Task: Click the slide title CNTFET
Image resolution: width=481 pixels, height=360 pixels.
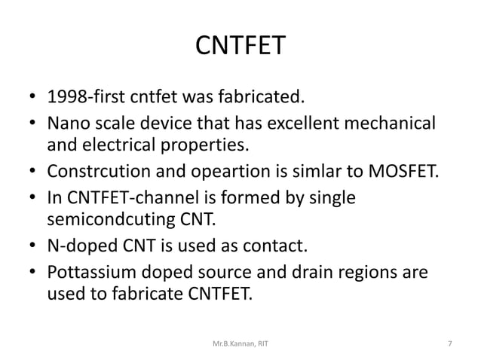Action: [x=240, y=47]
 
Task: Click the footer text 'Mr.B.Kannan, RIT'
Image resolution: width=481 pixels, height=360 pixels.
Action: [x=240, y=343]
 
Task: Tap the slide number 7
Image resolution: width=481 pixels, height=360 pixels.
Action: [x=449, y=343]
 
